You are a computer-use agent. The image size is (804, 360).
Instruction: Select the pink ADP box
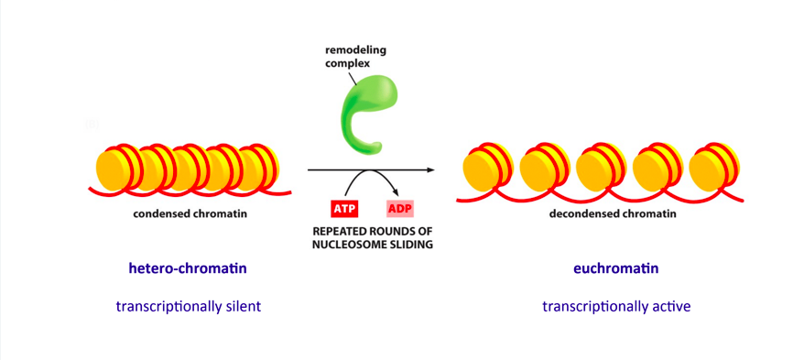point(399,208)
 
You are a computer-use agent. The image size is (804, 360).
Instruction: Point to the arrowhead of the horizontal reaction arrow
point(428,170)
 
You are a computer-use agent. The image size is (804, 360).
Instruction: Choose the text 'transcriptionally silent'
point(189,306)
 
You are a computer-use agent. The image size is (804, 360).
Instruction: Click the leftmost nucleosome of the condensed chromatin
point(117,169)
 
